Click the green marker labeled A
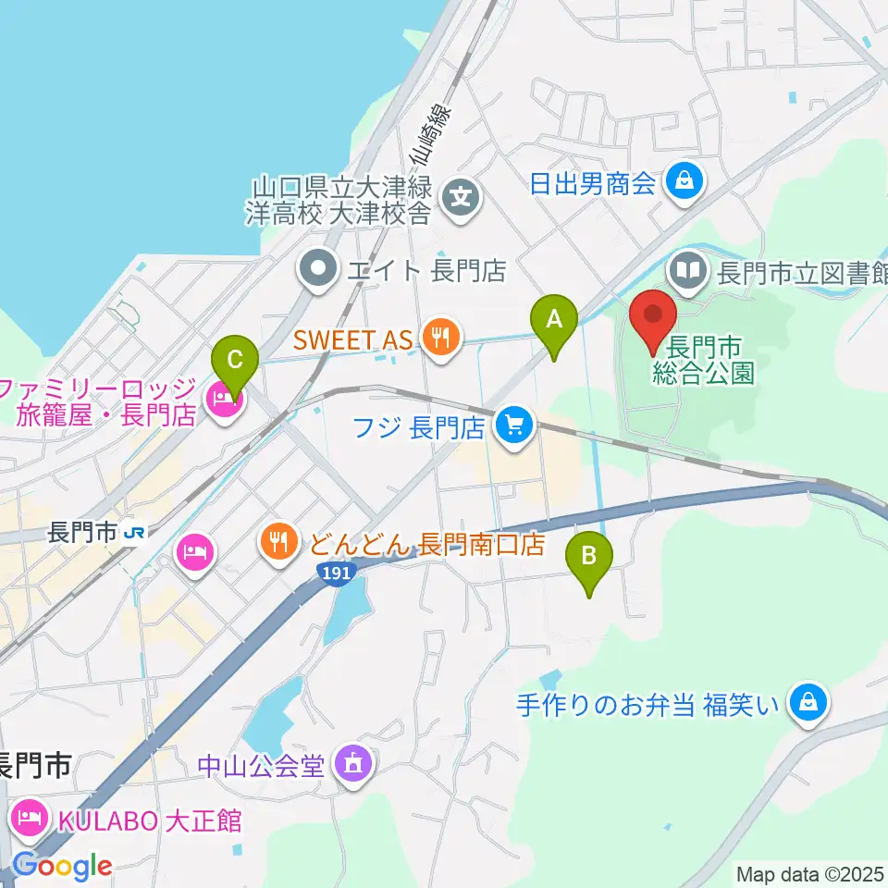click(x=554, y=321)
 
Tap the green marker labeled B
click(x=588, y=558)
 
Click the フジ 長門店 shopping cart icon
click(x=514, y=426)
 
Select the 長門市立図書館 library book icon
click(x=688, y=272)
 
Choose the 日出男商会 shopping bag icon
click(x=685, y=181)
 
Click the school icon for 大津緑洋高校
click(x=460, y=197)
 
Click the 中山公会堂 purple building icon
click(x=352, y=764)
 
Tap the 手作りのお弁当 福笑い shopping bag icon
click(x=808, y=706)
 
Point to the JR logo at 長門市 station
click(x=135, y=533)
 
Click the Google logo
click(x=61, y=866)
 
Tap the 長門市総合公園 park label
click(x=706, y=361)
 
